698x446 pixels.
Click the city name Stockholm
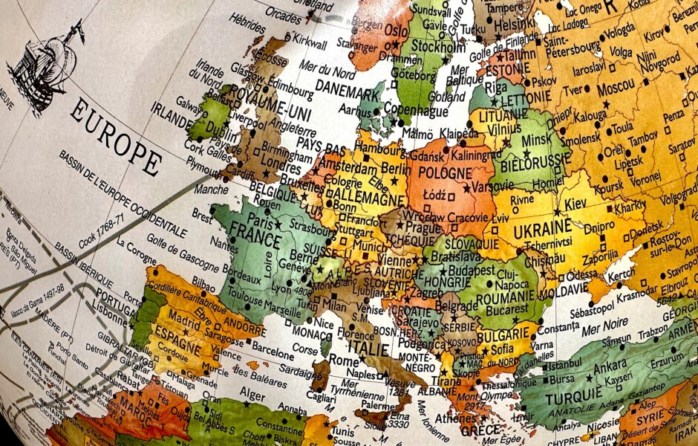(x=438, y=47)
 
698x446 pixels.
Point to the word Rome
(x=344, y=359)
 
